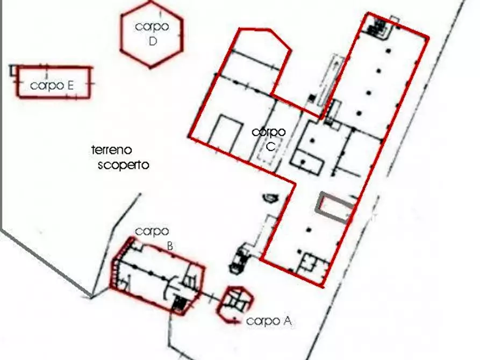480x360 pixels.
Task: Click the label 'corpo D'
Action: coord(152,34)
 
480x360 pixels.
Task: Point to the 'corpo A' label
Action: coord(269,321)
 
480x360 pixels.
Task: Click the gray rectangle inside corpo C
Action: coord(336,207)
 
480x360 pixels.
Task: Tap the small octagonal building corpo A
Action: coord(235,304)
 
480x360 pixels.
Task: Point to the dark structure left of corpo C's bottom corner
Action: coord(240,258)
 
